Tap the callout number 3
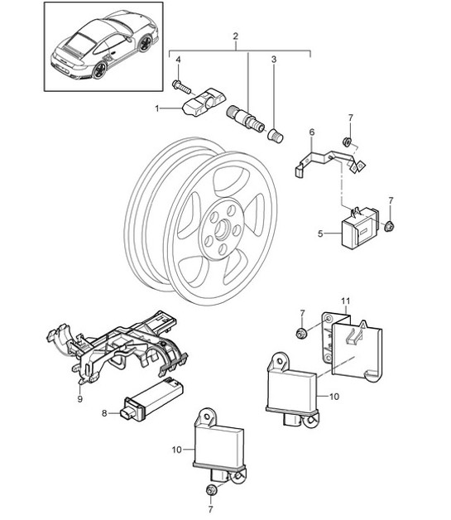pyautogui.click(x=274, y=60)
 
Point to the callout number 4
pyautogui.click(x=176, y=60)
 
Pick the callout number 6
pyautogui.click(x=312, y=132)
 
